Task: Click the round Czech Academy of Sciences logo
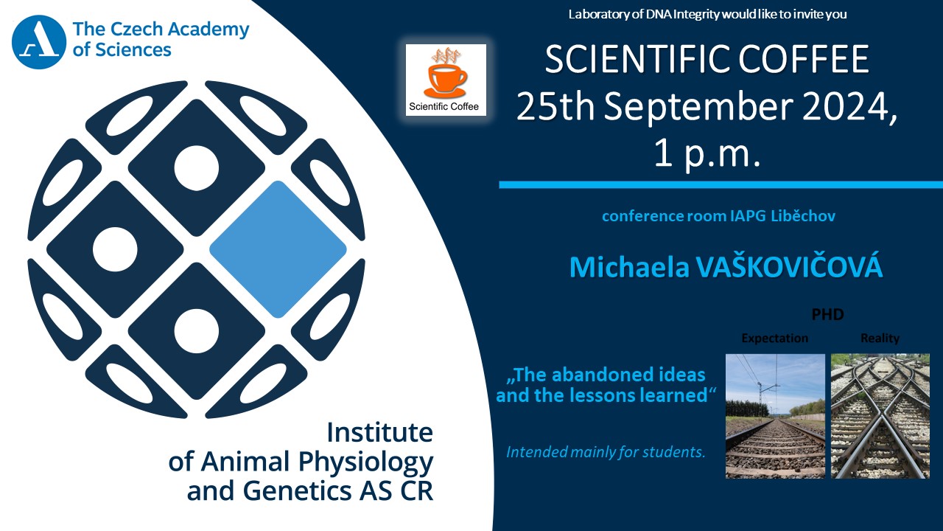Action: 39,42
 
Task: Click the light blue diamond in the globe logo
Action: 278,249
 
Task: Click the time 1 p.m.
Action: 707,154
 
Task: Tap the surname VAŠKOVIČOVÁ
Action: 788,266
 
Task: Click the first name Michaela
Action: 629,267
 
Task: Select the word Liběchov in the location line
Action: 803,216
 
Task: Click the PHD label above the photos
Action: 827,314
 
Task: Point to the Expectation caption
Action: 774,338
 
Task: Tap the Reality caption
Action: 880,338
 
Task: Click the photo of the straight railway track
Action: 775,416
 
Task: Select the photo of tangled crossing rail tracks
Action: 880,416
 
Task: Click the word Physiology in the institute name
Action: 366,462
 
